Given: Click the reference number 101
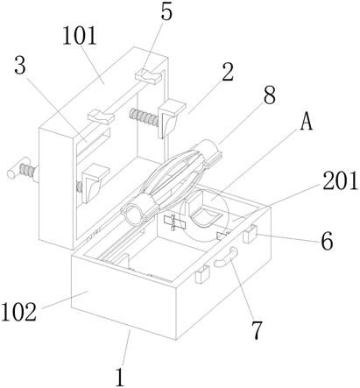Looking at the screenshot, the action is (80, 36).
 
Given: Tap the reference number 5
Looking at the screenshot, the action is (166, 12).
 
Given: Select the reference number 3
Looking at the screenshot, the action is (20, 67).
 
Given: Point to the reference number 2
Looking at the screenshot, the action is (228, 72).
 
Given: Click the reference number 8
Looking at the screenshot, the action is (270, 95).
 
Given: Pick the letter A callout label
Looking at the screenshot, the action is (307, 122).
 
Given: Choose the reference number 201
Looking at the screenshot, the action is (341, 180).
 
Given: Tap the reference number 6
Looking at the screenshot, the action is (327, 241).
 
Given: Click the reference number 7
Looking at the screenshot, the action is (258, 330).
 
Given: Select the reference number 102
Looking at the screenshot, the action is (19, 312).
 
